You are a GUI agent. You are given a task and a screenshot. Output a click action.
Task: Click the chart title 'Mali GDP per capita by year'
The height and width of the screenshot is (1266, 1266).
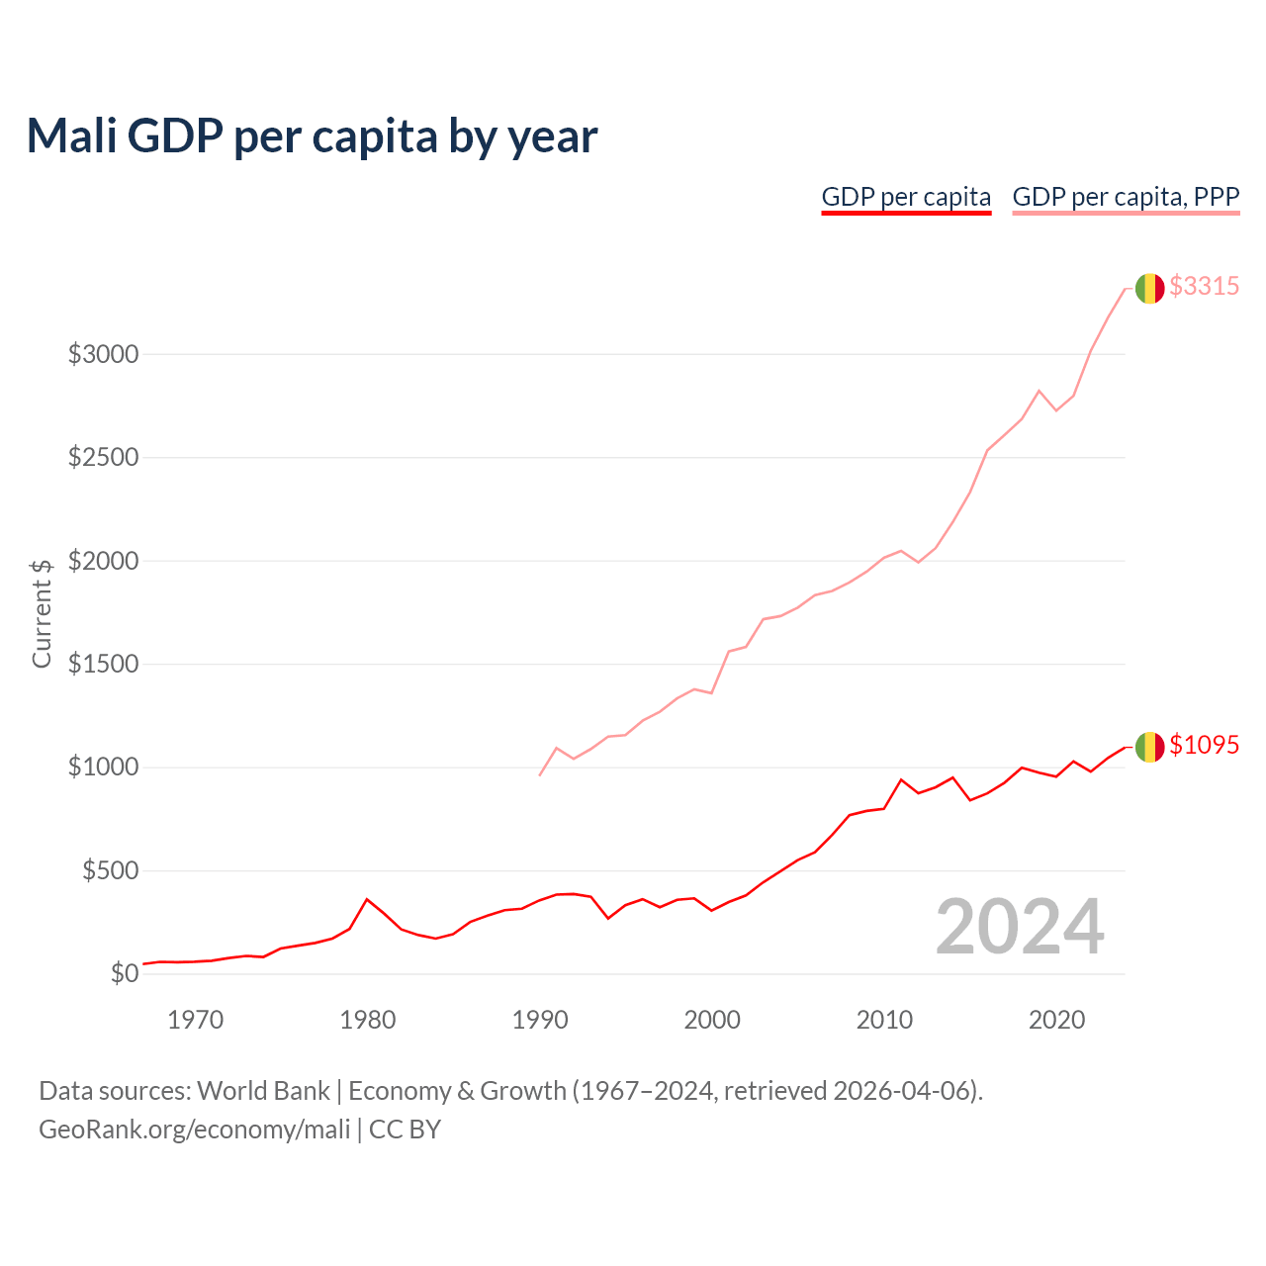[312, 136]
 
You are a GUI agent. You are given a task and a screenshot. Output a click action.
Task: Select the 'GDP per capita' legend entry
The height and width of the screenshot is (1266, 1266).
[906, 197]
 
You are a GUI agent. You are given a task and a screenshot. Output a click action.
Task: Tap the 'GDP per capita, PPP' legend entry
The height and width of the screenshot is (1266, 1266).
[1126, 197]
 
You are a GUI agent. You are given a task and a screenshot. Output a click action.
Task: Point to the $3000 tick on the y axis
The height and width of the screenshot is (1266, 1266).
[103, 354]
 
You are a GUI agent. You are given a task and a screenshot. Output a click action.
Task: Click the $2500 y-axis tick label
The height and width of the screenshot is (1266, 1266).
[103, 458]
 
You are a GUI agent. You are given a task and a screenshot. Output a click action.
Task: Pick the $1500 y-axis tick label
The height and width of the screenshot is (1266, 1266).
[103, 664]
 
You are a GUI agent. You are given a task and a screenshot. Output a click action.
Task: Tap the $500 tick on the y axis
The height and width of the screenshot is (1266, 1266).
[109, 870]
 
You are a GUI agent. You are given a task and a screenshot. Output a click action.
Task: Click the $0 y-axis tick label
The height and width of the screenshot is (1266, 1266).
[124, 974]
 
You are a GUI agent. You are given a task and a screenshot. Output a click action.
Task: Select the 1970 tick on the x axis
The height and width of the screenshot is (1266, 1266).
[195, 1020]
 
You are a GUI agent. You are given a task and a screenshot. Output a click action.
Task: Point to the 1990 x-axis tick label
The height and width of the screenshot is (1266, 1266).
[539, 1020]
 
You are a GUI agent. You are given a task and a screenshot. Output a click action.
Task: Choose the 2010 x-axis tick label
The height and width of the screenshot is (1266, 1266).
[884, 1020]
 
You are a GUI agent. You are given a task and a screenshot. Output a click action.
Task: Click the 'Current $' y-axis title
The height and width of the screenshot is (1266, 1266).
[42, 613]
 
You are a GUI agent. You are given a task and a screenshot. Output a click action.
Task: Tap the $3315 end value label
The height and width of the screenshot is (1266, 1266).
[1204, 286]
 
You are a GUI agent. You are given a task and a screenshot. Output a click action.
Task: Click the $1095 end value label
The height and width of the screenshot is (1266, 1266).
[1204, 745]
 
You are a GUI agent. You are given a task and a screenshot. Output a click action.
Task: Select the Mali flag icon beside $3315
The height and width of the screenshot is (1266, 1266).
[1149, 288]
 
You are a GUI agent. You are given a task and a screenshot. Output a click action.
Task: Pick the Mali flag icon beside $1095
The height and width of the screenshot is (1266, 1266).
[1149, 747]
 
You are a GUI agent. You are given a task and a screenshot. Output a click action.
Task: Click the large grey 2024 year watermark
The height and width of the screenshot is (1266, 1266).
[1020, 927]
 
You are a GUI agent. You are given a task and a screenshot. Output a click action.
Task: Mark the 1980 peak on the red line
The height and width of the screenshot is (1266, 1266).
[367, 899]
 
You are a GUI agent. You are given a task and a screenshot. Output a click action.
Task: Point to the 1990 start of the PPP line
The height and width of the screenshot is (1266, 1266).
[539, 774]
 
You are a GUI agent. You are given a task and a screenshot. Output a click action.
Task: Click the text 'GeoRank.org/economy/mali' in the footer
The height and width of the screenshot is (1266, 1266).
[195, 1130]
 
